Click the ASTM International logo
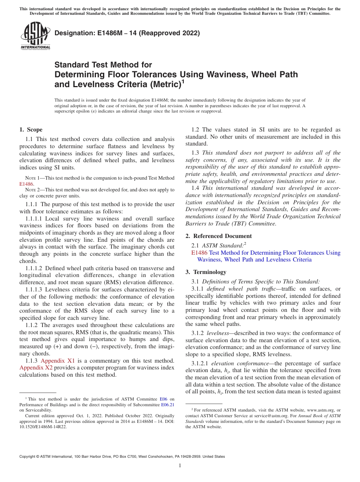coord(35,36)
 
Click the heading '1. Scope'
coord(31,130)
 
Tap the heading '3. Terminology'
coord(210,272)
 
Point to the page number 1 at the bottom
coord(180,466)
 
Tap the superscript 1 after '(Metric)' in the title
coord(183,81)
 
